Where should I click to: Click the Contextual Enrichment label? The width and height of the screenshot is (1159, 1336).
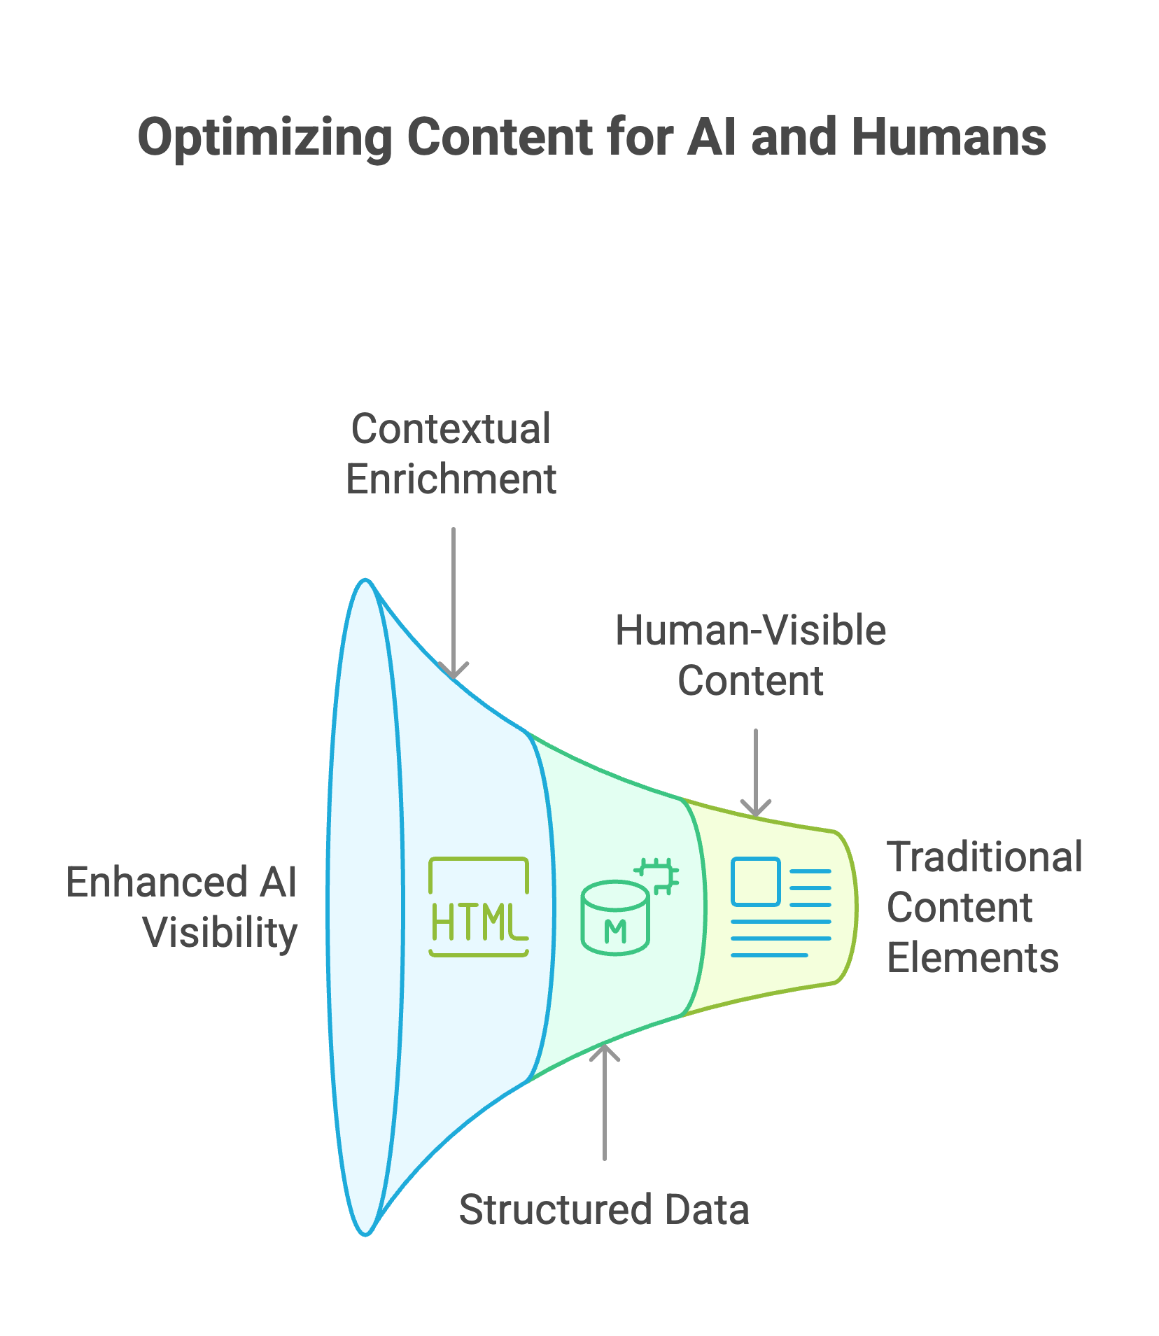[x=451, y=453]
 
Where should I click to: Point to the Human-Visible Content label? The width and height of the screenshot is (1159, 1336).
[x=750, y=655]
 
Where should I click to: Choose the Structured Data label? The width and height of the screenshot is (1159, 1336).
[x=604, y=1209]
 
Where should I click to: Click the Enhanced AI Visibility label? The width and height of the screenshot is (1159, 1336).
[x=182, y=907]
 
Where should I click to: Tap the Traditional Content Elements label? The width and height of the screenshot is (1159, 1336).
[x=984, y=907]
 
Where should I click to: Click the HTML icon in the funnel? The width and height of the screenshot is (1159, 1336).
[x=479, y=907]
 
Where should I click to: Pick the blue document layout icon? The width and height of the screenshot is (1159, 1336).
[x=780, y=907]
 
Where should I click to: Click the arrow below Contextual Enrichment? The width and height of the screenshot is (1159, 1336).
[x=454, y=602]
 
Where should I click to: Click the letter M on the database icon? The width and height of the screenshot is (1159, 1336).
[x=615, y=931]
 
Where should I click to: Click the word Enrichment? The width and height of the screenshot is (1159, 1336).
[x=451, y=479]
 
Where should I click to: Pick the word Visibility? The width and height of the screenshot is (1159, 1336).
[x=220, y=933]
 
